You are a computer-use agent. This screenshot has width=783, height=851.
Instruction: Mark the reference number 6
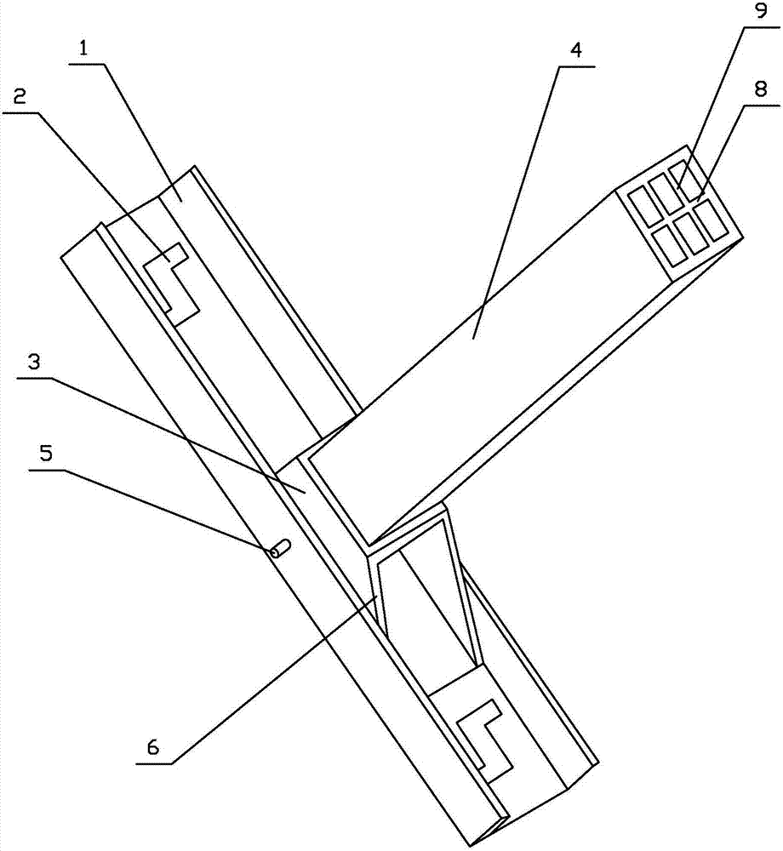pos(153,747)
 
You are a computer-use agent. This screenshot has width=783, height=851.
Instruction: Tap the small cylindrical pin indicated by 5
pos(279,551)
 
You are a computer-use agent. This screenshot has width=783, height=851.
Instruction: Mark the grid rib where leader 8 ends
pos(697,201)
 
